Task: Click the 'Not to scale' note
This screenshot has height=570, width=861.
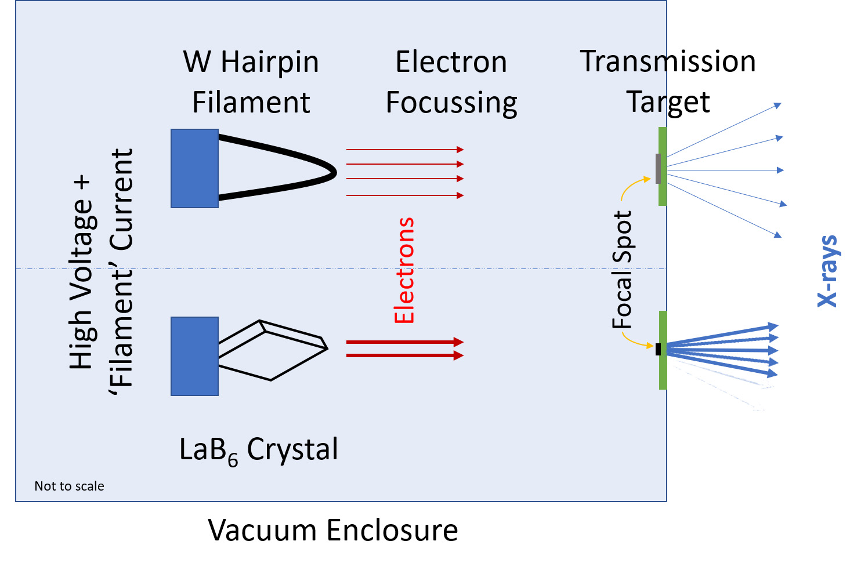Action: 69,487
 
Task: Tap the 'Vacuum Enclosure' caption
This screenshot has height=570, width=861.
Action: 333,530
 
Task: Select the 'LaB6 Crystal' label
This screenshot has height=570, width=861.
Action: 259,450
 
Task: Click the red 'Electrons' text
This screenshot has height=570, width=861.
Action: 404,270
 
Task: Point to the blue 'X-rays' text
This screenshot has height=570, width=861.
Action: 827,271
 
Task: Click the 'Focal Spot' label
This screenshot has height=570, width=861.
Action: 622,270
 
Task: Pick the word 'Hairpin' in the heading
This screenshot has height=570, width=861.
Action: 270,63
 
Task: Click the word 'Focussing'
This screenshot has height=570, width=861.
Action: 451,104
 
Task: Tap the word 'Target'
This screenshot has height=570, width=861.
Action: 668,103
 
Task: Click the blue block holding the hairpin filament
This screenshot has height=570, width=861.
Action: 194,169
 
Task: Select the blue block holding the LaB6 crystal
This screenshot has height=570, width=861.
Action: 194,357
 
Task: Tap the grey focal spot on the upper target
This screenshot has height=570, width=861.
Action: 658,169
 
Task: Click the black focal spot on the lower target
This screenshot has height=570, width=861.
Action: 658,349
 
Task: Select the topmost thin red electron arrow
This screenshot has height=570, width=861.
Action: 405,150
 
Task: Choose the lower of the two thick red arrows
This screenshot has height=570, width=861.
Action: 405,355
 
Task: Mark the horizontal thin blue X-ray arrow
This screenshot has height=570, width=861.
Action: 726,170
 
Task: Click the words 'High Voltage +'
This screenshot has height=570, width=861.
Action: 81,273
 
